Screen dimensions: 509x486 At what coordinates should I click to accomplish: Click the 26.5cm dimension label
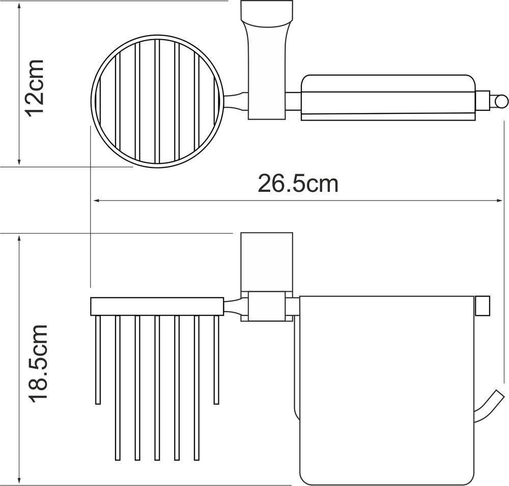point(298,184)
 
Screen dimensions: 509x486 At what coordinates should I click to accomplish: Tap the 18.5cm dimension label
point(38,363)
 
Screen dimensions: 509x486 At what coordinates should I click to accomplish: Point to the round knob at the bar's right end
point(500,101)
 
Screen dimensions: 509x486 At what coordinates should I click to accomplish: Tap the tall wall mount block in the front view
point(267,262)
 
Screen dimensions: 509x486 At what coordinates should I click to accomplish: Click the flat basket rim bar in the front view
point(157,306)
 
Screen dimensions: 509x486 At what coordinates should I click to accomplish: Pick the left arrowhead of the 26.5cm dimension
point(96,201)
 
